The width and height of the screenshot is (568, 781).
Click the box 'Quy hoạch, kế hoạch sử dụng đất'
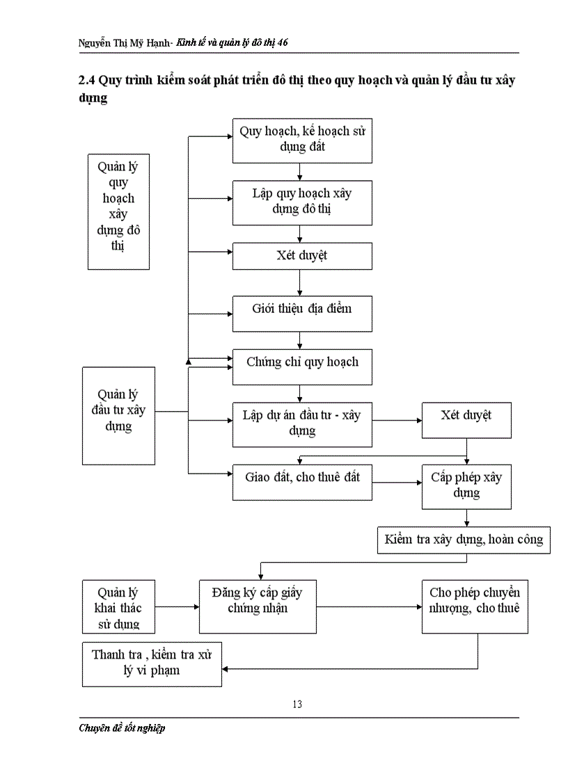pos(302,141)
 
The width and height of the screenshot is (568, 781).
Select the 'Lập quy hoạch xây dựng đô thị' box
pos(302,202)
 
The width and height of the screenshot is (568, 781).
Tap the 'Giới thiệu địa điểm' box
pos(302,314)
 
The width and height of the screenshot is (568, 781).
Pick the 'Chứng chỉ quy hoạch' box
pos(302,367)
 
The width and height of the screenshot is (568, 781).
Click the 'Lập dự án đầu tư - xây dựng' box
pos(302,425)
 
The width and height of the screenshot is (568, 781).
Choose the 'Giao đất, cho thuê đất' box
pos(302,482)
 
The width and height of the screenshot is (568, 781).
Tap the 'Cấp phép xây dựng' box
pos(466,487)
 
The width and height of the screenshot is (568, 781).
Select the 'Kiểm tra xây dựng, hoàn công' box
pos(464,540)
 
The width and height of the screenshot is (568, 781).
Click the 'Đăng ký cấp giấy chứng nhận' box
pos(258,606)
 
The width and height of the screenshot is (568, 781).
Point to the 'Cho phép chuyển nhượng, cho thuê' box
pos(475,606)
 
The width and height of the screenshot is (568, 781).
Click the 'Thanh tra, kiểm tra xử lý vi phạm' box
pos(152,664)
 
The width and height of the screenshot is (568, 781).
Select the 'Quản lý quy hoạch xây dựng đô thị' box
pos(119,211)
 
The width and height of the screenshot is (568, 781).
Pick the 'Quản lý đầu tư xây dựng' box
pos(119,416)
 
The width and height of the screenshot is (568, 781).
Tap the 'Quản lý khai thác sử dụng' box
pos(119,606)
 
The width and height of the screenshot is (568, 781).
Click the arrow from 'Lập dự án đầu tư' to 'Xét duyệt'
pos(397,420)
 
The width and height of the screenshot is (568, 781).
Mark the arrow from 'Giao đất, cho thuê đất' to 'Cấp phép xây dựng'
pos(397,482)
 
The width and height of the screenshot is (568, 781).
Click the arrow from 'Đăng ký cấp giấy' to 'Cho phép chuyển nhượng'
pos(369,606)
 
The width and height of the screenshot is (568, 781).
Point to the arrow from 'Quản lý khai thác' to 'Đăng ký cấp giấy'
pos(177,606)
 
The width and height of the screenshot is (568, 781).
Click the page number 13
pos(297,704)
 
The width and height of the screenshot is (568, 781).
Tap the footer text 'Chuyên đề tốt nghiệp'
pos(122,727)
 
